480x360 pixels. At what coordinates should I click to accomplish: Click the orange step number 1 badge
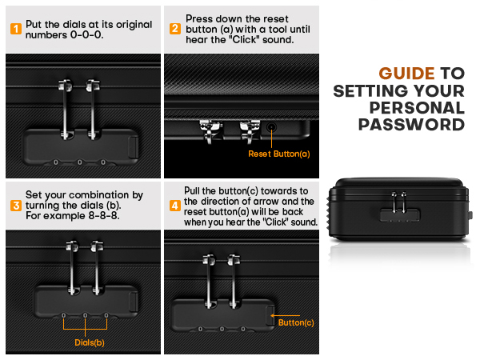15,30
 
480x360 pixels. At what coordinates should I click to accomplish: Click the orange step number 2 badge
174,30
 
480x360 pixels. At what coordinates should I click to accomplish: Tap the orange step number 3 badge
15,205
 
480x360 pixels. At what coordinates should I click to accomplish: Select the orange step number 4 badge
174,205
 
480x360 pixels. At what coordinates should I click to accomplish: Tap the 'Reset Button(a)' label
278,154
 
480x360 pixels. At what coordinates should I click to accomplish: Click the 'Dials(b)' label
85,342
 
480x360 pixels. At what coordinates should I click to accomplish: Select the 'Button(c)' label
297,322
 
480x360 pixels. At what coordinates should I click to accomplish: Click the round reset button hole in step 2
274,126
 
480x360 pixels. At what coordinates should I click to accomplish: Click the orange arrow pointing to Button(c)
274,321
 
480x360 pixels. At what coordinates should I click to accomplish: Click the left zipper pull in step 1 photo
63,102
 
